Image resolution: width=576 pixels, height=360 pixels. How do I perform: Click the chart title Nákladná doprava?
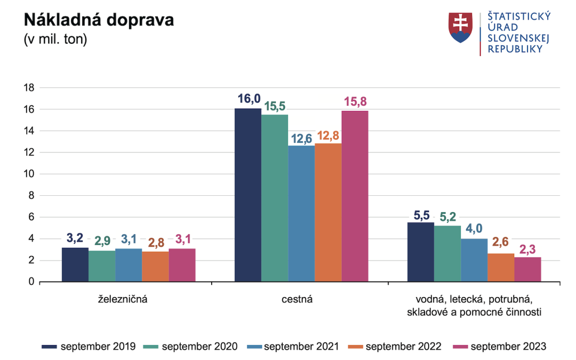(99, 21)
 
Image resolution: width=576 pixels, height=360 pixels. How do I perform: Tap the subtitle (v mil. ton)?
(55, 40)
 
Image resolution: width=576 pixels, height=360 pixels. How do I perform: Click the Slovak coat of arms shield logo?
(461, 28)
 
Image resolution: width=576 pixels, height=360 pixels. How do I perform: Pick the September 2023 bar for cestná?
(355, 196)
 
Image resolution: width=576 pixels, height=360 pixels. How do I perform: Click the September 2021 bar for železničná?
(129, 265)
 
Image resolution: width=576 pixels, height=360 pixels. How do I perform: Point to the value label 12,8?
(327, 135)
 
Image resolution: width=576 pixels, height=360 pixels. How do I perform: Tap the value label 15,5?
(275, 107)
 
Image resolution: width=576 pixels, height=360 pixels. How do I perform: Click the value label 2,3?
(527, 249)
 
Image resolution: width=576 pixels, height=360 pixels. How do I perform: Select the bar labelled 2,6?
(501, 267)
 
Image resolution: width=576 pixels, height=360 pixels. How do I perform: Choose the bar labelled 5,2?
(447, 253)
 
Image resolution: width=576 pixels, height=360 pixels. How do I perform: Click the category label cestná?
(297, 299)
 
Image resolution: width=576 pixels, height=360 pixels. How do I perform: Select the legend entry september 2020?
(199, 347)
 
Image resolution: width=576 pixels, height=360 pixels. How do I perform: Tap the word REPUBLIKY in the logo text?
(515, 49)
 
